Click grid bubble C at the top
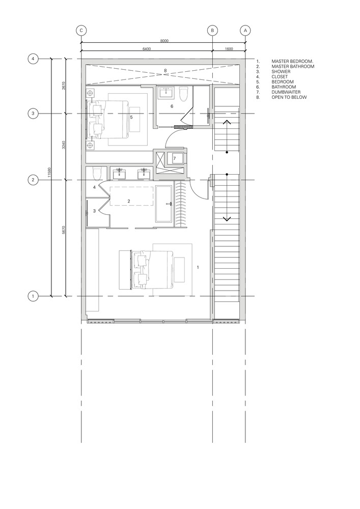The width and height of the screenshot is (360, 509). click(x=80, y=31)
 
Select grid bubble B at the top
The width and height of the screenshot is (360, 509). click(x=212, y=31)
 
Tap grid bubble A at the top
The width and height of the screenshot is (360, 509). click(x=245, y=31)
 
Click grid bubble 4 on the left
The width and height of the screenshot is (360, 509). click(x=33, y=59)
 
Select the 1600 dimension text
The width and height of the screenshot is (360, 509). click(x=228, y=49)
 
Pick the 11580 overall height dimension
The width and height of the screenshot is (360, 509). click(x=49, y=177)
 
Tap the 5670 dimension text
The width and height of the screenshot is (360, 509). click(x=63, y=231)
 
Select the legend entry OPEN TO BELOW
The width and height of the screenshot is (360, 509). click(x=289, y=97)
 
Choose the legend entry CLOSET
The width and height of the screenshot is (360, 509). click(x=280, y=77)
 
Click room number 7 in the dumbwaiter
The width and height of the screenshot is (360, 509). click(x=175, y=158)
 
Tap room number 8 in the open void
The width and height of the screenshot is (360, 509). click(x=165, y=70)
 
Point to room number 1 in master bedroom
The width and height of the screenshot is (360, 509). click(x=198, y=267)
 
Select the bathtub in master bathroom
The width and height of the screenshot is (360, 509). click(x=163, y=204)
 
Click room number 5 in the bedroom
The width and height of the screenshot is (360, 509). click(x=131, y=117)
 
